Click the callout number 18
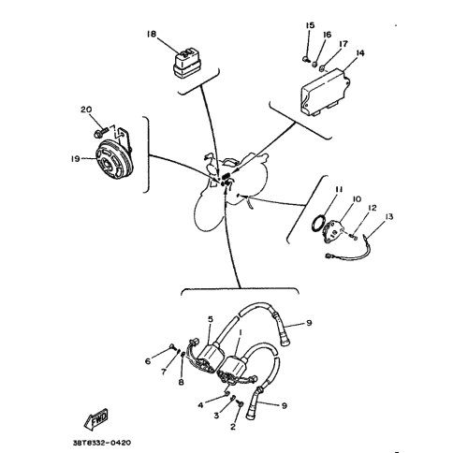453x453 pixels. [x=152, y=34]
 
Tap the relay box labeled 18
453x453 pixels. [x=186, y=64]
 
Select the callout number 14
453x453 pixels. [x=359, y=53]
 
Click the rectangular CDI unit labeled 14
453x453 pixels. [x=325, y=93]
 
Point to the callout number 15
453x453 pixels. [x=310, y=25]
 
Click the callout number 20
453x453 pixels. [x=86, y=110]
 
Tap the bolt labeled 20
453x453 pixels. [x=100, y=132]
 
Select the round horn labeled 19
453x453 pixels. [x=114, y=159]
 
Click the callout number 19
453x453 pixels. [x=75, y=159]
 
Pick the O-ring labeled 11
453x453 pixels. [x=318, y=224]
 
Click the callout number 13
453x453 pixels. [x=388, y=216]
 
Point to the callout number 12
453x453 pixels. [x=373, y=208]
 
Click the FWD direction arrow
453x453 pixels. [x=95, y=418]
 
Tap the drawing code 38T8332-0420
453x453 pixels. [x=102, y=443]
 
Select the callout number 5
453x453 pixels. [x=211, y=319]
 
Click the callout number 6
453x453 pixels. [x=148, y=361]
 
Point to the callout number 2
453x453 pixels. [x=233, y=427]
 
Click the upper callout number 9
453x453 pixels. [x=309, y=323]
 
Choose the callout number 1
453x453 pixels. [x=241, y=332]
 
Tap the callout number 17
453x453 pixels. [x=343, y=44]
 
